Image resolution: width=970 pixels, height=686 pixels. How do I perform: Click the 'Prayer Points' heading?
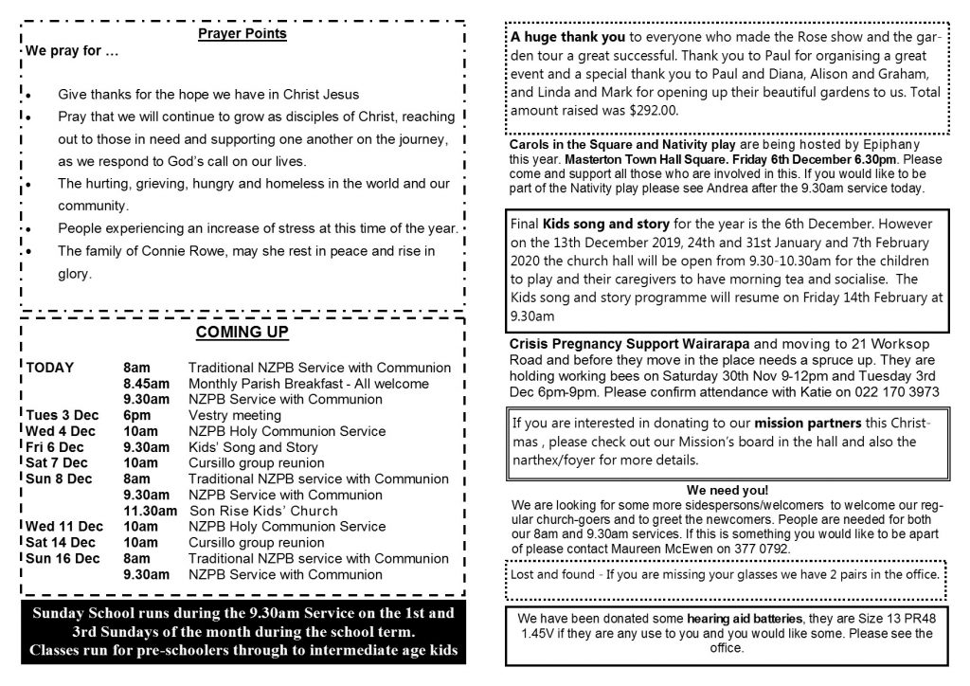(242, 35)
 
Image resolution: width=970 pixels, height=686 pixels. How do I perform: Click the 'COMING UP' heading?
(242, 333)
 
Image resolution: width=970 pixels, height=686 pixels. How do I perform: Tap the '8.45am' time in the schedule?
(147, 383)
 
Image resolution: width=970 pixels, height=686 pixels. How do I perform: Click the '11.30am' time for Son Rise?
(151, 511)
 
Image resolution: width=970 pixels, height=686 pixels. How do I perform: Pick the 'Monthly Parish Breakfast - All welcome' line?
(309, 383)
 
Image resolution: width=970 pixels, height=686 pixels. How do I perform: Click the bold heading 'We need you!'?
(727, 490)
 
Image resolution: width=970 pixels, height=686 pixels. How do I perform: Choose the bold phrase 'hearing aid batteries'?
(717, 618)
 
